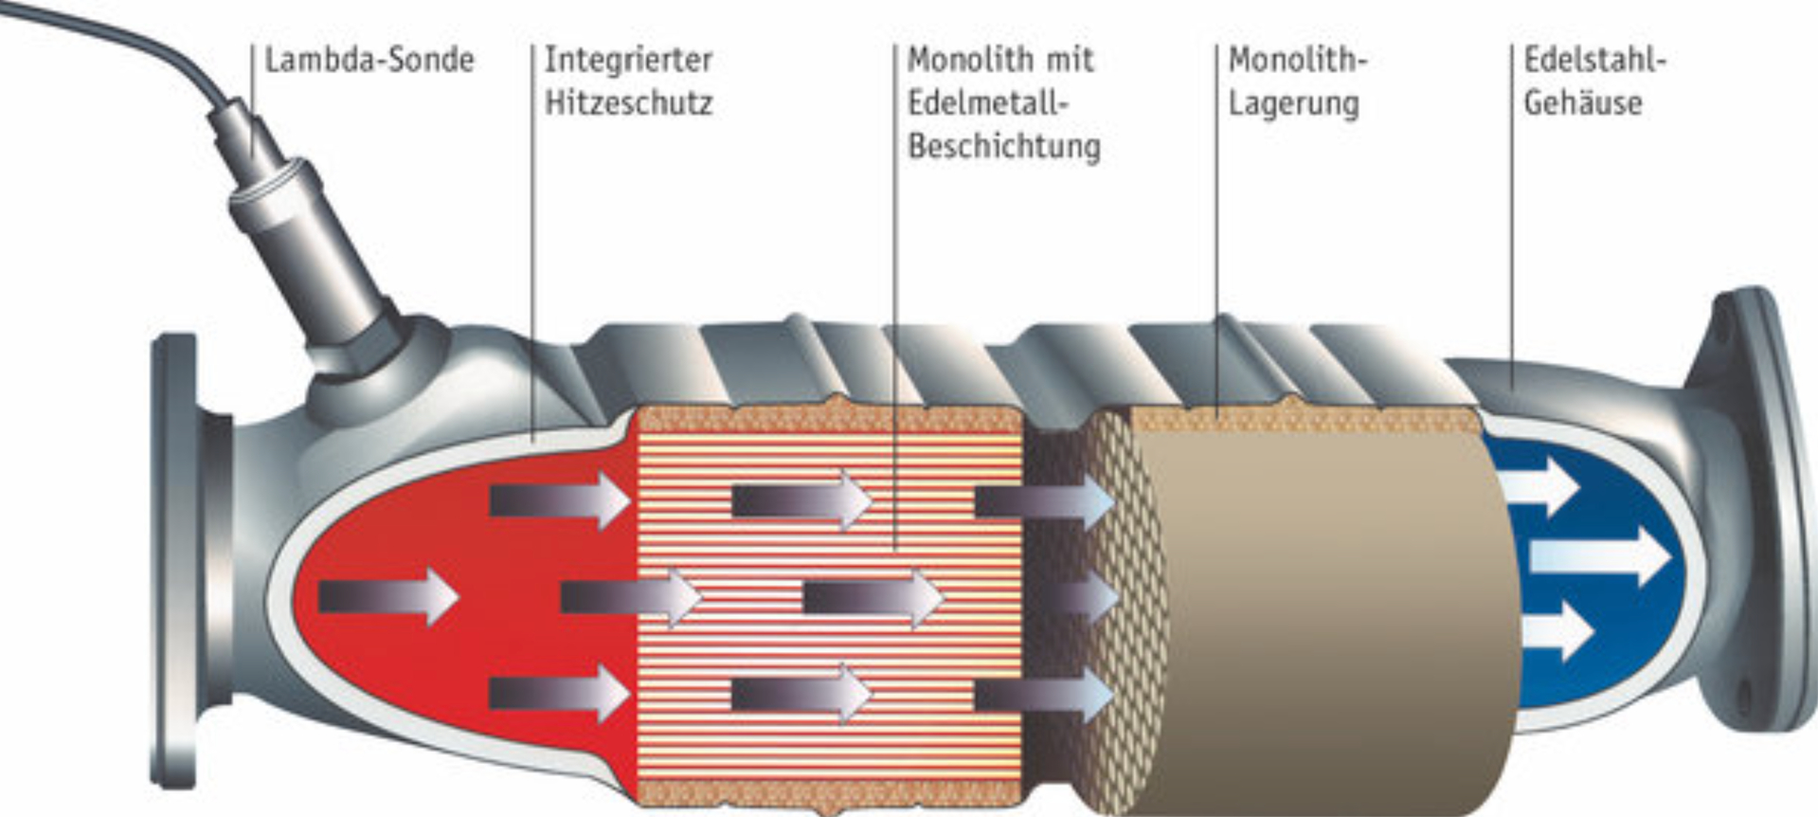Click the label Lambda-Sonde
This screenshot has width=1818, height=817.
(369, 61)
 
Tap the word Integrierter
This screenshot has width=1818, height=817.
(628, 61)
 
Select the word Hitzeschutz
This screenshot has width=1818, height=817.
(628, 102)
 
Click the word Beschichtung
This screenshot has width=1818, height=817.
(1004, 147)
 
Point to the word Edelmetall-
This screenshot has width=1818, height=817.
(988, 102)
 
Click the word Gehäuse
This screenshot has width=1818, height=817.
(1583, 102)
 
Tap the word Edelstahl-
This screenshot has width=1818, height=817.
(1594, 60)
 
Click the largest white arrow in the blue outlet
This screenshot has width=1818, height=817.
(1600, 556)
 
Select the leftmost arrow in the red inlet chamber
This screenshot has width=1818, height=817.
(388, 597)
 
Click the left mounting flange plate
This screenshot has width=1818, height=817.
(175, 561)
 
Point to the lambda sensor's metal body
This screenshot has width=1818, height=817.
(303, 237)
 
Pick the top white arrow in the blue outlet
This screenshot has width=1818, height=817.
(1539, 486)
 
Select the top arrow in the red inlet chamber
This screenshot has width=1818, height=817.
(559, 499)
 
